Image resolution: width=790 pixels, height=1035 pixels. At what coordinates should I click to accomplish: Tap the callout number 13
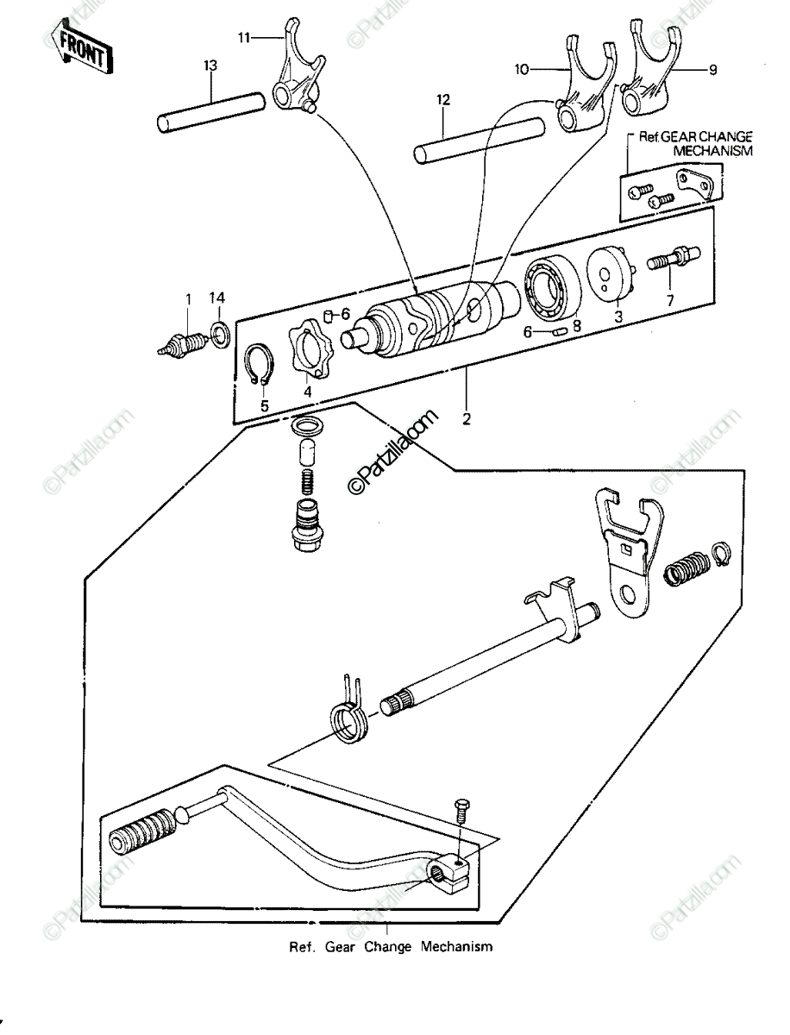210,65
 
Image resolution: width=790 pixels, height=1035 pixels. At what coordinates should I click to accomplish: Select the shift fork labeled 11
299,71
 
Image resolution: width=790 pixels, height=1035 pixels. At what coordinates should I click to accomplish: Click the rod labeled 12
479,141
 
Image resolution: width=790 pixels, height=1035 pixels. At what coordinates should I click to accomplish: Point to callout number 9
712,70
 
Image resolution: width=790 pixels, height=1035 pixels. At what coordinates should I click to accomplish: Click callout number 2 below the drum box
467,418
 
